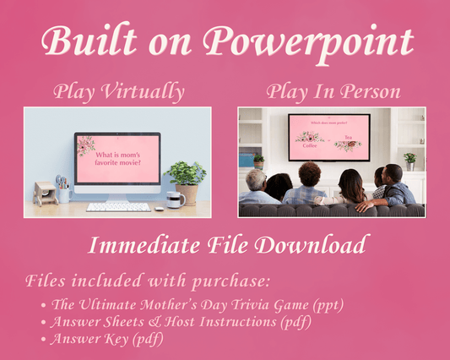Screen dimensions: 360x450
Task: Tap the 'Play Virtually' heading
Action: tap(118, 90)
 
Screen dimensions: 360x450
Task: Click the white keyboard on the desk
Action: tap(119, 205)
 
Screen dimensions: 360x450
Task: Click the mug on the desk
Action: tap(173, 199)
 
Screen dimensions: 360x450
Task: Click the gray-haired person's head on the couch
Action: tap(257, 180)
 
